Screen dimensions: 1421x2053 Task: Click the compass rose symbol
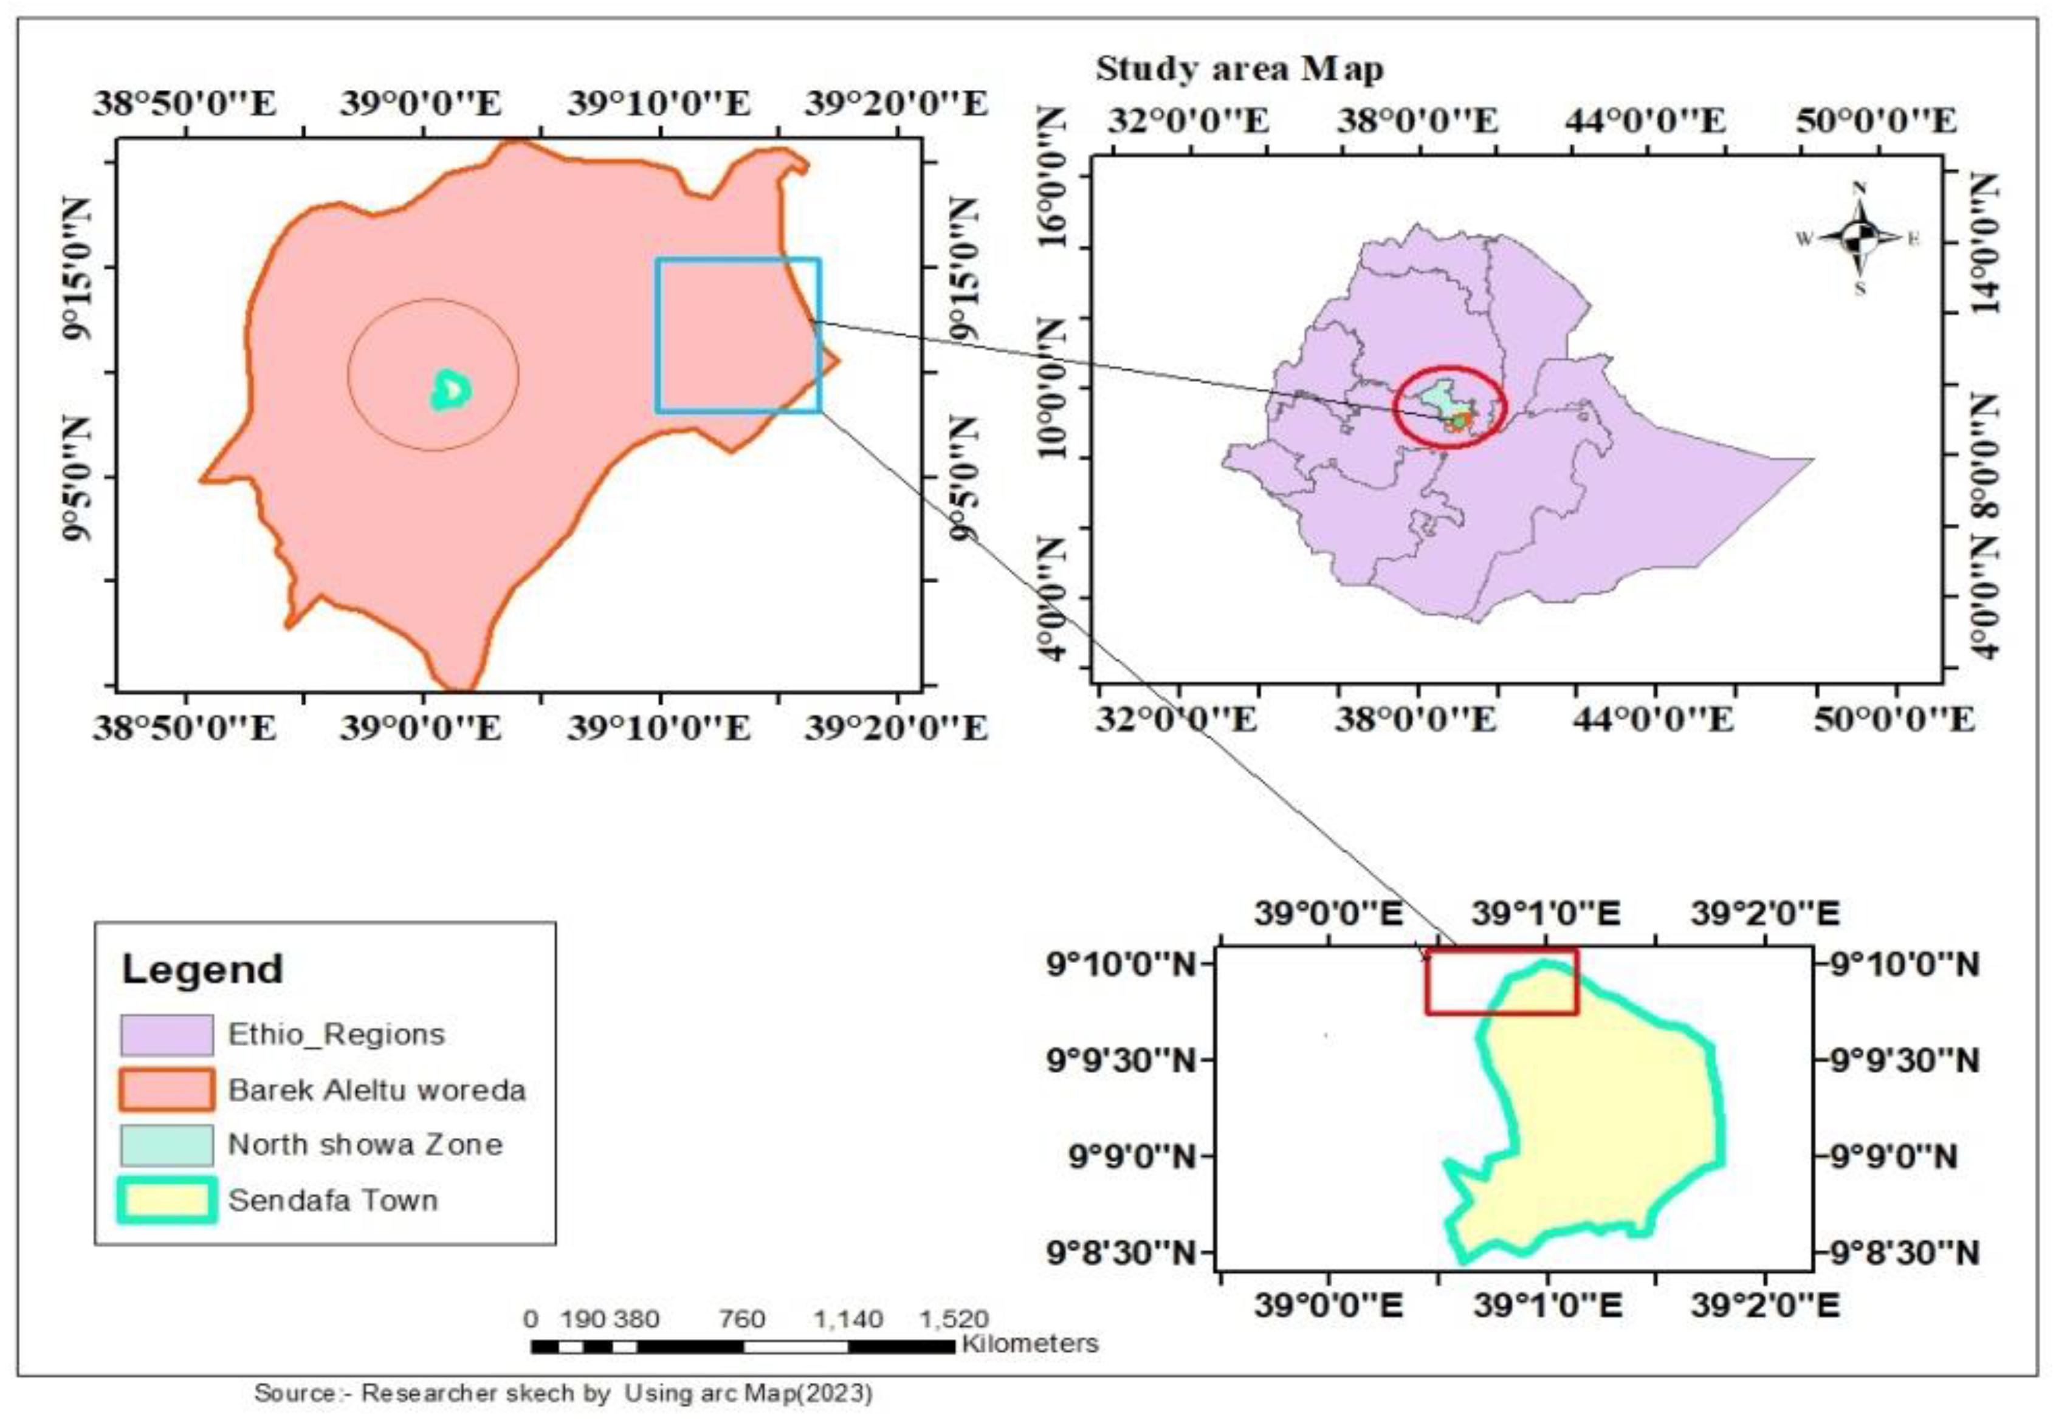[x=1859, y=238]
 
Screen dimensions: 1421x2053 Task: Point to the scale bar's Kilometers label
[x=1030, y=1343]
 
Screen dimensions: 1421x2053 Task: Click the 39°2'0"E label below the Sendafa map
[x=1764, y=1306]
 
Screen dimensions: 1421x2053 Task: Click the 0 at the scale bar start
[x=532, y=1318]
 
